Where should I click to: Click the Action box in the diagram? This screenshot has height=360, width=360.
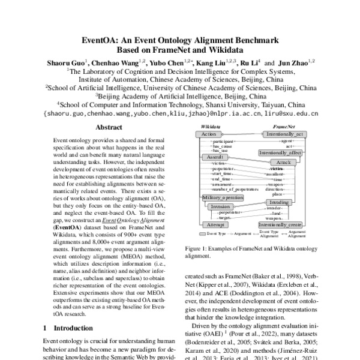(x=209, y=135)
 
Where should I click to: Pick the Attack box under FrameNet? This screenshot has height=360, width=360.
(x=283, y=163)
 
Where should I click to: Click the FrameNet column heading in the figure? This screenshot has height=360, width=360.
(x=281, y=127)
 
